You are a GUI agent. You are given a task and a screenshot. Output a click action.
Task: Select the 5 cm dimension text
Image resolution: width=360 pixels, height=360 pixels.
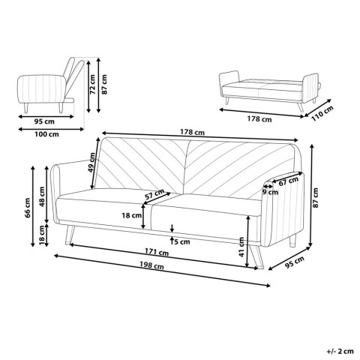[179, 241]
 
